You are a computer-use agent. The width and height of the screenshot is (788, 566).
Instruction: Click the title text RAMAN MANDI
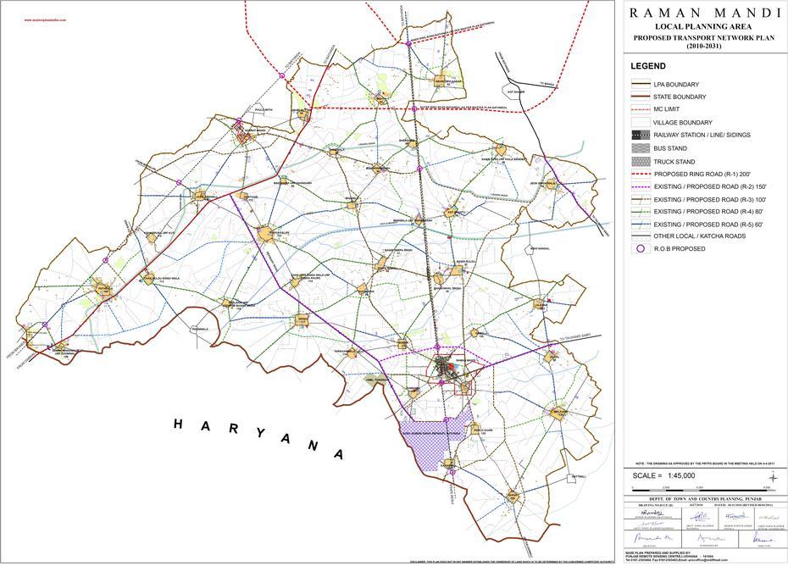(x=705, y=13)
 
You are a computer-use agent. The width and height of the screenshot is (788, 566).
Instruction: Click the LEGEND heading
(x=648, y=66)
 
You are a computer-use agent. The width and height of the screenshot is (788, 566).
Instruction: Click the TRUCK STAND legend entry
(x=674, y=161)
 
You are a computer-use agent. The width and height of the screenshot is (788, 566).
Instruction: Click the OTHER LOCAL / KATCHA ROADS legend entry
(x=698, y=236)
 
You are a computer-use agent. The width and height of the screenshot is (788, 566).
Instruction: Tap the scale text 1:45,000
(x=676, y=475)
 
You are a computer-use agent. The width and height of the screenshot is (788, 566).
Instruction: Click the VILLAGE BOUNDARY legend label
(x=682, y=123)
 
